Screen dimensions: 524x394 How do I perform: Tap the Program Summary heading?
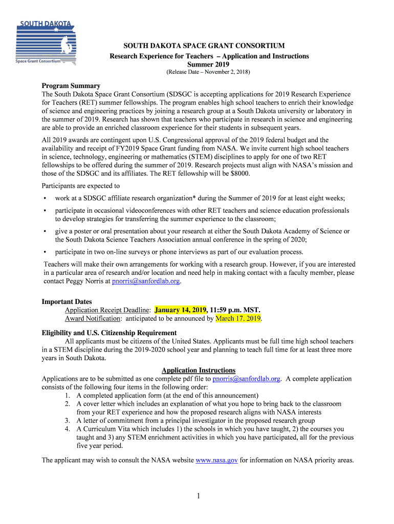(71, 85)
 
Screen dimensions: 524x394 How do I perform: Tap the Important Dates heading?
(67, 302)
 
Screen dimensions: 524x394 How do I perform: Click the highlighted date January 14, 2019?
(180, 310)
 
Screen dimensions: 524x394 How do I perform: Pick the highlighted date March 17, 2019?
(238, 318)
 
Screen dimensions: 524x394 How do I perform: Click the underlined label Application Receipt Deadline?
(107, 310)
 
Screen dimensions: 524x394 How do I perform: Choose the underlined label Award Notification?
(93, 318)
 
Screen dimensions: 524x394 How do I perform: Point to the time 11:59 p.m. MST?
(235, 310)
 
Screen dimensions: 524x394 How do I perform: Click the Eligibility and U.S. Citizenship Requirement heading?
(109, 333)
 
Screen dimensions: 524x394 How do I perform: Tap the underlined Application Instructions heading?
(199, 370)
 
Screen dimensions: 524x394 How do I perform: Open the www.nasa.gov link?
(216, 460)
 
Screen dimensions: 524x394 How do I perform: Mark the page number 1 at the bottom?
(197, 496)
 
